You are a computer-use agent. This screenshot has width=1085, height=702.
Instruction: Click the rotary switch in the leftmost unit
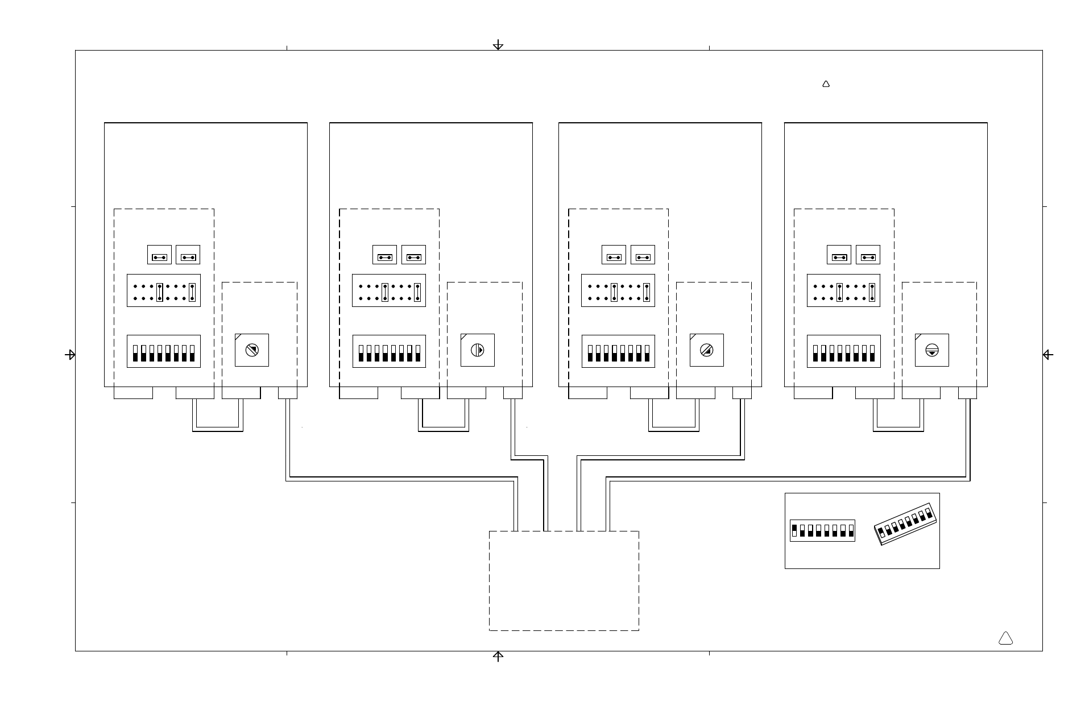click(252, 350)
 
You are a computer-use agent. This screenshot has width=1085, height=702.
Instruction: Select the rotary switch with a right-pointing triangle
click(477, 350)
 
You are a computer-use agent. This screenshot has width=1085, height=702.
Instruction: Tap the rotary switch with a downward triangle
click(931, 350)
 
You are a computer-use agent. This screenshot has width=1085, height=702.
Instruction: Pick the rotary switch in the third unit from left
click(706, 350)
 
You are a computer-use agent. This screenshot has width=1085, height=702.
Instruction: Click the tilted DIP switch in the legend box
click(905, 524)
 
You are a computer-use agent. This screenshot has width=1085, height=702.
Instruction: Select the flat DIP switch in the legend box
click(822, 530)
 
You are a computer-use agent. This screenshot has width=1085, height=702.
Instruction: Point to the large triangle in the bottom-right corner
click(1005, 638)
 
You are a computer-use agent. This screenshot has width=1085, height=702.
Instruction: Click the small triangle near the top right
click(826, 84)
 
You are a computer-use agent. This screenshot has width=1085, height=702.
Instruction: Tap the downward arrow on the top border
click(498, 45)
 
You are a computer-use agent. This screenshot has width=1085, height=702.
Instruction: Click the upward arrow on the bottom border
click(498, 657)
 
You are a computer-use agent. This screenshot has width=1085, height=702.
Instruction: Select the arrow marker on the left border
click(71, 355)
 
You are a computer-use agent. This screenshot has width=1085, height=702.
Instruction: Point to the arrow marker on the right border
click(1047, 355)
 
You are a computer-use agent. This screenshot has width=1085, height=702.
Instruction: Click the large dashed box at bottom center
click(564, 580)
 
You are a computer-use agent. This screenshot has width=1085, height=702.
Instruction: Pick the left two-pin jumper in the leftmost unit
click(159, 255)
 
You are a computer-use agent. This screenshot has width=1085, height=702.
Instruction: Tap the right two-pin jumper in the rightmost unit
click(868, 255)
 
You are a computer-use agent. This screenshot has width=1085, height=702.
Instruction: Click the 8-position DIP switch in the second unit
click(389, 351)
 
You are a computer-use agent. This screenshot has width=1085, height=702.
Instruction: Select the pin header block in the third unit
click(618, 290)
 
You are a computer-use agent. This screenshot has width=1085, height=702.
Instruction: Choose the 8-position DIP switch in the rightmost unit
click(843, 351)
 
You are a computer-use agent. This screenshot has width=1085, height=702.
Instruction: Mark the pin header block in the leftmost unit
click(163, 290)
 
